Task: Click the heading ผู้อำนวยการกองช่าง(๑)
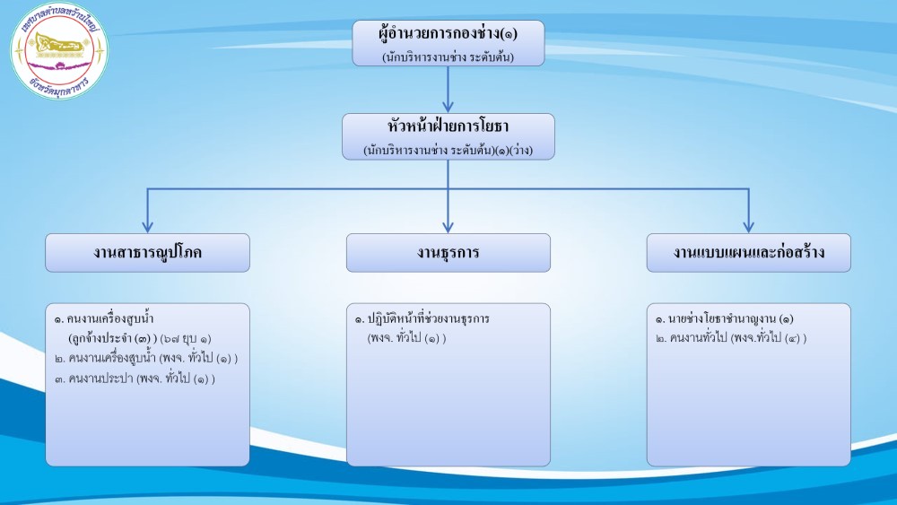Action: [448, 35]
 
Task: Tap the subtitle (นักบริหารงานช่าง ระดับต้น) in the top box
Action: [448, 57]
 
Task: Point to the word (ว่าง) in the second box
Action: [518, 150]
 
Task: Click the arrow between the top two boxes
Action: [448, 90]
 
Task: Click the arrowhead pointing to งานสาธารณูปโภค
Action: [148, 225]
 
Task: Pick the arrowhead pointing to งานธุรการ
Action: [448, 225]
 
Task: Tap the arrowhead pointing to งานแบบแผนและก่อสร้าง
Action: [748, 225]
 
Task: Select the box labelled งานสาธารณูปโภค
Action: [148, 253]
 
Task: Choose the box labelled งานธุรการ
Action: [448, 253]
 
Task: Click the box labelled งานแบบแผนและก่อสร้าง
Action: [748, 253]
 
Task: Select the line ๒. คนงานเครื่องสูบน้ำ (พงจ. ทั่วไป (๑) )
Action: [146, 358]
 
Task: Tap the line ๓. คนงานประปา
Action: [135, 378]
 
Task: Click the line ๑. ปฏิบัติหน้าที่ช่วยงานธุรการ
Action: [422, 319]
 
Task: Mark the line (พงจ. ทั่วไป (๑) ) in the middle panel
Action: [406, 338]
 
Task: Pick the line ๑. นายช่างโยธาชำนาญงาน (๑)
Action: [724, 319]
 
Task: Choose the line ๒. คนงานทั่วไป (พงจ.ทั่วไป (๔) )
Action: [730, 338]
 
